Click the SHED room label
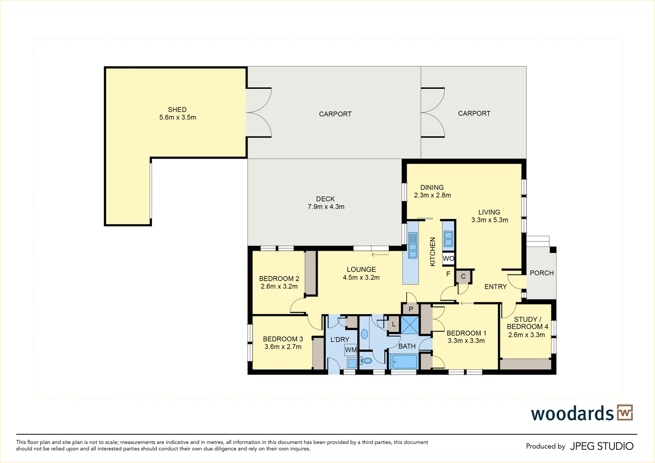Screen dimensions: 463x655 [177, 110]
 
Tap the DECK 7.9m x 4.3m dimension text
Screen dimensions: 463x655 [326, 207]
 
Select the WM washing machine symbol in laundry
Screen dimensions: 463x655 [351, 350]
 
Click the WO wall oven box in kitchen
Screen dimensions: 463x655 [448, 259]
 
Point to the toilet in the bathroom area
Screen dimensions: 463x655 [366, 361]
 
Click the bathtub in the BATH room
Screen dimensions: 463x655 [404, 361]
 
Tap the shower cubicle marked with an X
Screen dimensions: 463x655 [410, 325]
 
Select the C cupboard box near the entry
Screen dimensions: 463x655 [463, 277]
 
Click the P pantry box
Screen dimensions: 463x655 [411, 309]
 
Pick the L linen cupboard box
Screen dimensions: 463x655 [393, 324]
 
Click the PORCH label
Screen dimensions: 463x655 [542, 273]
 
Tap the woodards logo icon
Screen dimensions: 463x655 [625, 413]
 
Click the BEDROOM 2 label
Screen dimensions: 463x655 [279, 279]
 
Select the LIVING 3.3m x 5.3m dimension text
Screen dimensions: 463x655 [489, 220]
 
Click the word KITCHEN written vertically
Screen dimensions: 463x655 [432, 252]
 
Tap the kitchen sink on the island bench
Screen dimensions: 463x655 [413, 245]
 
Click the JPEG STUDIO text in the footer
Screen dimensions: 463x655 [601, 446]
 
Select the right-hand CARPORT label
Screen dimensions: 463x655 [474, 114]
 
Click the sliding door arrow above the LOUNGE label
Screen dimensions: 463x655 [380, 255]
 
